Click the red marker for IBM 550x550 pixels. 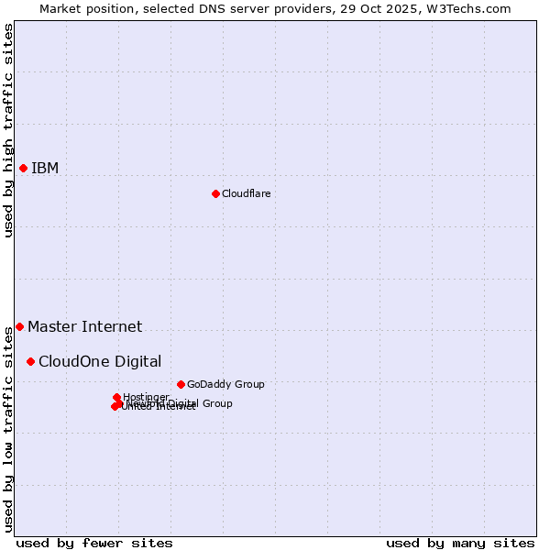(x=23, y=168)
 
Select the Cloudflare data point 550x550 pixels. (x=215, y=193)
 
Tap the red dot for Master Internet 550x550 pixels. (x=19, y=326)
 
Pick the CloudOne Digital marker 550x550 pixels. (x=30, y=361)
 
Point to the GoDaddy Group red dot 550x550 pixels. (x=181, y=384)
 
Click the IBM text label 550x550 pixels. (x=45, y=168)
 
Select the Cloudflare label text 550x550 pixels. (x=246, y=193)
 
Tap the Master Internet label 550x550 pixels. (x=84, y=326)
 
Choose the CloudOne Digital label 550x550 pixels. (x=100, y=361)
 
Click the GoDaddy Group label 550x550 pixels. (x=225, y=384)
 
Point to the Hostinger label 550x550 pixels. (x=146, y=397)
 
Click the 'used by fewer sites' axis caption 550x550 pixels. (x=94, y=543)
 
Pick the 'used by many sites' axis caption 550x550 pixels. (x=460, y=543)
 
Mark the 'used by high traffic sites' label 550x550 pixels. (x=8, y=130)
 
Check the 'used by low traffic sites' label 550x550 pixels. (x=8, y=432)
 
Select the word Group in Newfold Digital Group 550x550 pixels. (x=217, y=403)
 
